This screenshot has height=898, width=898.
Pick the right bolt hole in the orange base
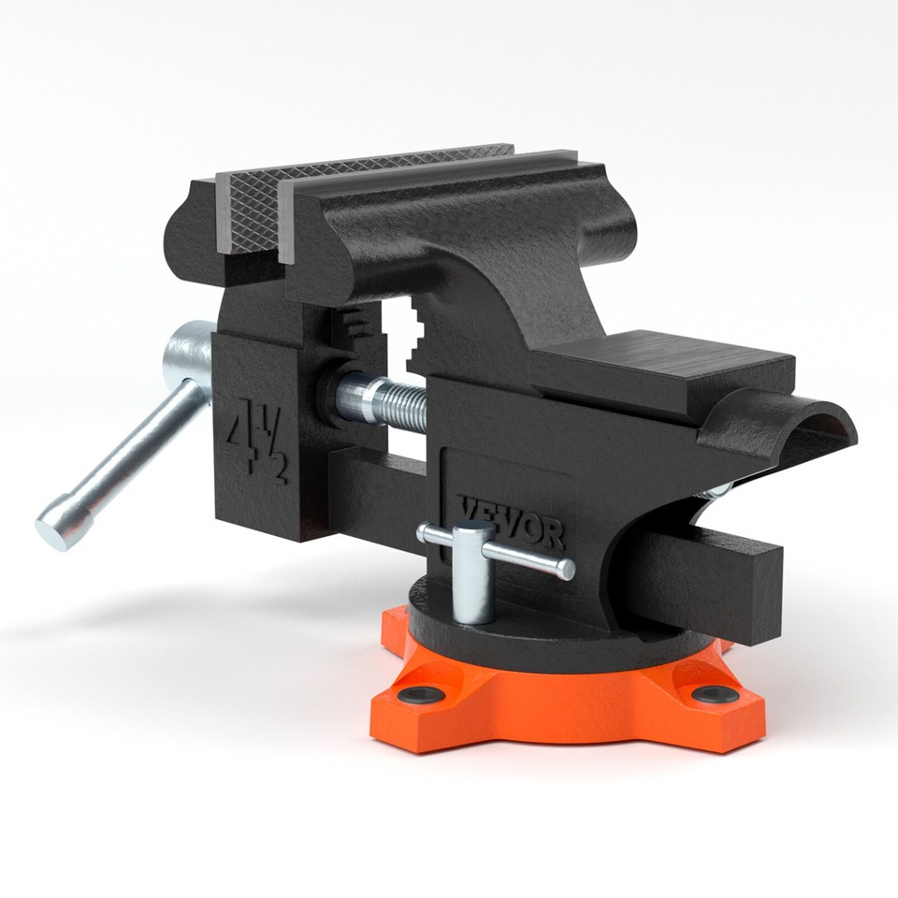pyautogui.click(x=716, y=694)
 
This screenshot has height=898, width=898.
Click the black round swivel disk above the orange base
pyautogui.click(x=561, y=627)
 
